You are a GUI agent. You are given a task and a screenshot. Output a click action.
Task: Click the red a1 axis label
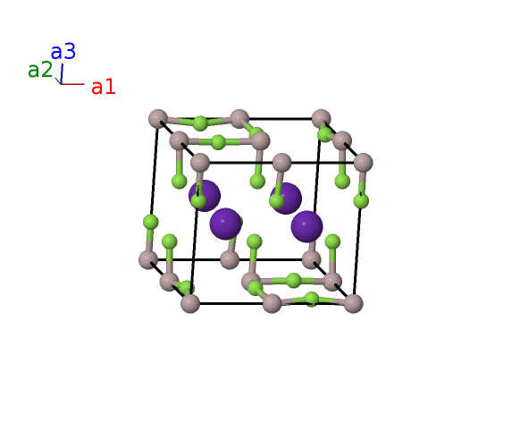pyautogui.click(x=103, y=88)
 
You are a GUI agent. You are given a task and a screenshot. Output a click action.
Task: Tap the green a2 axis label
pyautogui.click(x=40, y=70)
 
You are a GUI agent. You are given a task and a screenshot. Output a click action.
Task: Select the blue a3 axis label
pyautogui.click(x=63, y=52)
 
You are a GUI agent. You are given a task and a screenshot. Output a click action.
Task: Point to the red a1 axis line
pyautogui.click(x=72, y=84)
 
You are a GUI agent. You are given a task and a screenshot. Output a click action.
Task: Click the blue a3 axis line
pyautogui.click(x=62, y=74)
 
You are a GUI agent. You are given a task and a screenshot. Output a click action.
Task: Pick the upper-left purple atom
pyautogui.click(x=205, y=196)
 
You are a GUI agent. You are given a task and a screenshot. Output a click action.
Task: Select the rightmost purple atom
pyautogui.click(x=307, y=226)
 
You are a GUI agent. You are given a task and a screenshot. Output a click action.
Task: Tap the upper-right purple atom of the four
pyautogui.click(x=286, y=199)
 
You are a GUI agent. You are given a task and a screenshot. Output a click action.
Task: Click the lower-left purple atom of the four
pyautogui.click(x=225, y=224)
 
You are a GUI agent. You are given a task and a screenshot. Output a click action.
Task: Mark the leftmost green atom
pyautogui.click(x=150, y=223)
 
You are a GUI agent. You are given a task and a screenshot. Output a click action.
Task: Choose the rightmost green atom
pyautogui.click(x=361, y=200)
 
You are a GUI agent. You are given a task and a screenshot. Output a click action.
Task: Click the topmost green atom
pyautogui.click(x=200, y=123)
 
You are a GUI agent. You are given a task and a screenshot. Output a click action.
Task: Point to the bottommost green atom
pyautogui.click(x=312, y=300)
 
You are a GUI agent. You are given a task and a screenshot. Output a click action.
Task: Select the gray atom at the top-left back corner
pyautogui.click(x=158, y=119)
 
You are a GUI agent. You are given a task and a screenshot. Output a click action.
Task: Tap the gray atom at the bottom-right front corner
pyautogui.click(x=353, y=303)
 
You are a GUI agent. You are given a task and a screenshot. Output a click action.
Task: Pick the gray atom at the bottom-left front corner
pyautogui.click(x=190, y=303)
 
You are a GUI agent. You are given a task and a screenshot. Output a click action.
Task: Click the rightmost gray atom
pyautogui.click(x=363, y=163)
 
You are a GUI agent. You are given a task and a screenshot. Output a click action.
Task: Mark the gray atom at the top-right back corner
pyautogui.click(x=322, y=119)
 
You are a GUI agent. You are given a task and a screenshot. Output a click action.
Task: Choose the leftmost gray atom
pyautogui.click(x=148, y=260)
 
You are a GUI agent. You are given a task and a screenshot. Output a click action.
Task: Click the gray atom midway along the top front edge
pyautogui.click(x=281, y=163)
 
